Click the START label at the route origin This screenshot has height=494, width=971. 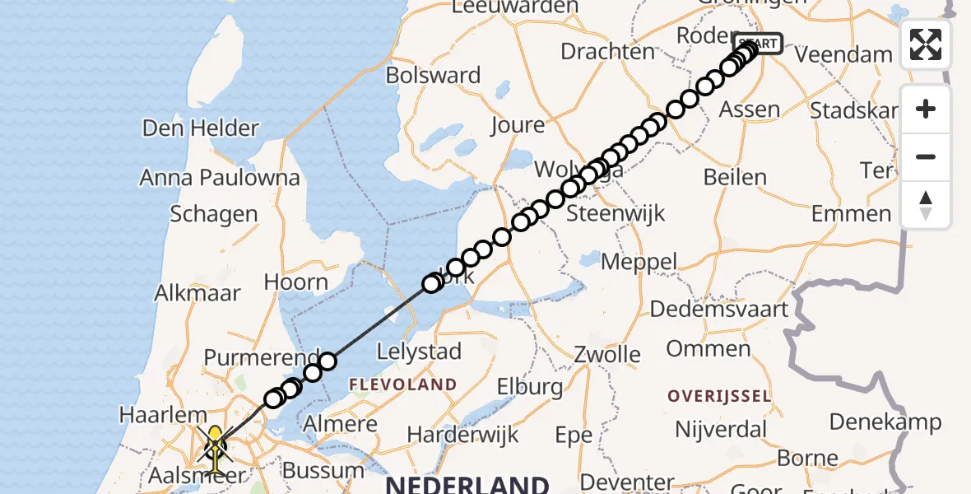[x=758, y=43]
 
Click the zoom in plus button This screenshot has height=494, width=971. [x=926, y=110]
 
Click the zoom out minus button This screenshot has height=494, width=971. [x=926, y=156]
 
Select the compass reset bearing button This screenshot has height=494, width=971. [x=926, y=205]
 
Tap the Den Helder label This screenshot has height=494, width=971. [x=201, y=128]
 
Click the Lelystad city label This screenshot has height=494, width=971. [x=419, y=352]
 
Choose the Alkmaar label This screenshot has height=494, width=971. [x=197, y=293]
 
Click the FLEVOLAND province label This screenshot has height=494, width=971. [x=403, y=384]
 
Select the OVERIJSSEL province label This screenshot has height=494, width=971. [x=719, y=397]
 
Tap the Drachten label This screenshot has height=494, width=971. [x=607, y=51]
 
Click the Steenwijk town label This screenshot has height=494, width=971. [x=616, y=214]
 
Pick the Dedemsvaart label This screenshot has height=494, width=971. [x=719, y=310]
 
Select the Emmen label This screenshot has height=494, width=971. [x=851, y=214]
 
